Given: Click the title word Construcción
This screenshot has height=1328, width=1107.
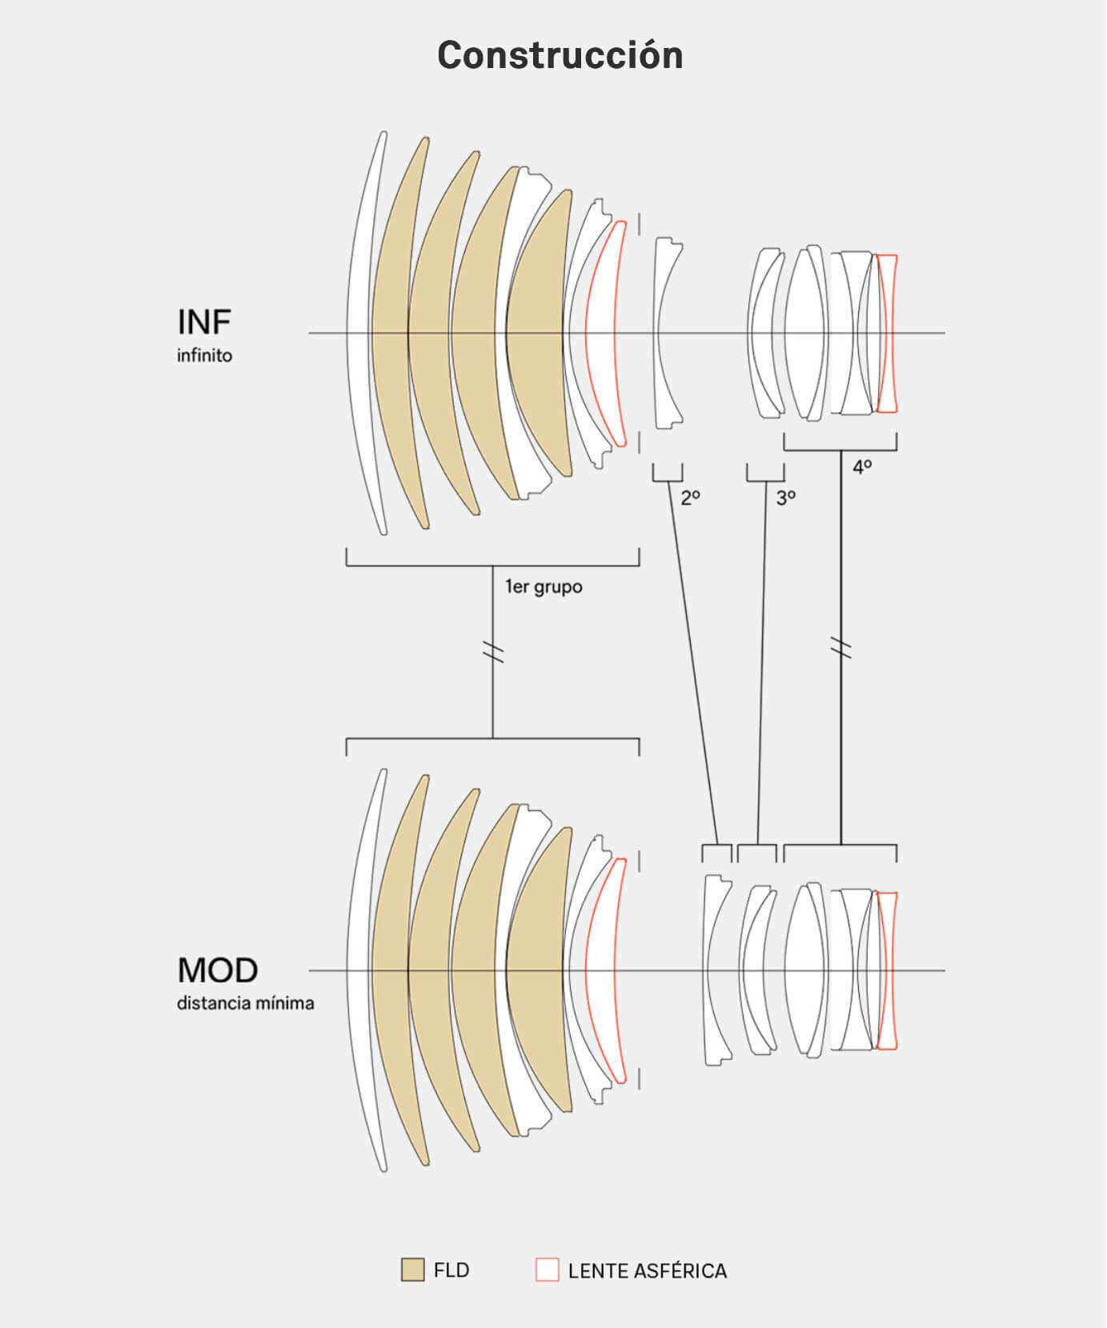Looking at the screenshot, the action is (560, 55).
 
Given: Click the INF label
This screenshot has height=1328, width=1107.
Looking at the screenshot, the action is (204, 322).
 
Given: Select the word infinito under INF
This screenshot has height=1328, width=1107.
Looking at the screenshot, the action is (204, 355).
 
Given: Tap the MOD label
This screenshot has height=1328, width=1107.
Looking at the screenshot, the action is (218, 970).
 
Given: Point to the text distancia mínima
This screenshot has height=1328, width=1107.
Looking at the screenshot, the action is (245, 1003).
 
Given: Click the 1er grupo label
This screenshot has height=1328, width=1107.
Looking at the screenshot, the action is (543, 587).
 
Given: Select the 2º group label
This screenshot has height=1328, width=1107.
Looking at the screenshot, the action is (691, 498).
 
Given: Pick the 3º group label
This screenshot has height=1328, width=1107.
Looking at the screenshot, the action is (786, 498).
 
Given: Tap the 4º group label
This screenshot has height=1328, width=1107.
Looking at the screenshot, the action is (862, 466).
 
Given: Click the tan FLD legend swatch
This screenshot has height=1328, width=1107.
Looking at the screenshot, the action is (412, 1270).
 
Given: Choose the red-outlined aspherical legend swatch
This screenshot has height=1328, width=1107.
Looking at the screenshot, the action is (547, 1270).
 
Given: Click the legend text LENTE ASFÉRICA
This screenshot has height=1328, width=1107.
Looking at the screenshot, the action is (648, 1270).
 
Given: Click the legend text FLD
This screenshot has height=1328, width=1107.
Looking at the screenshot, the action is (451, 1270).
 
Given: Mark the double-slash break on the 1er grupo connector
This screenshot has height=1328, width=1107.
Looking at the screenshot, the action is (493, 652).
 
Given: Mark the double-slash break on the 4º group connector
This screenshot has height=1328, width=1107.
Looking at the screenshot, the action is (840, 647).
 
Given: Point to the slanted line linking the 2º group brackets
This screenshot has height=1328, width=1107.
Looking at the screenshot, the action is (693, 663).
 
